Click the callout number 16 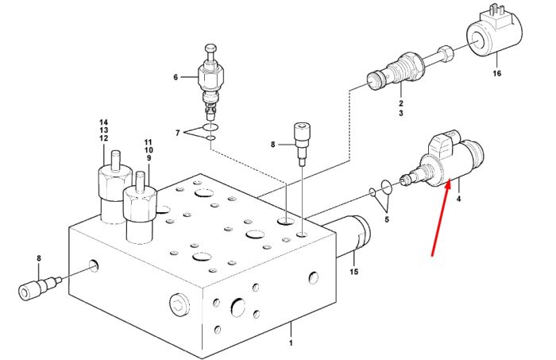(x=496, y=73)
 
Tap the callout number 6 (x=176, y=77)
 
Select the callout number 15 (x=354, y=272)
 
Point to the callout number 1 (x=291, y=343)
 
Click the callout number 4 (x=458, y=199)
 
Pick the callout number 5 (x=387, y=219)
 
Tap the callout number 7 (x=178, y=133)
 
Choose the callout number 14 (x=103, y=122)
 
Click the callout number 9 (x=149, y=158)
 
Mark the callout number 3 (x=400, y=113)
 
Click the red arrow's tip (x=449, y=180)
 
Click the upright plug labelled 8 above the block (x=303, y=143)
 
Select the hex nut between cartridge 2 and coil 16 (x=446, y=52)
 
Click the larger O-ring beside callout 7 (x=210, y=127)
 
